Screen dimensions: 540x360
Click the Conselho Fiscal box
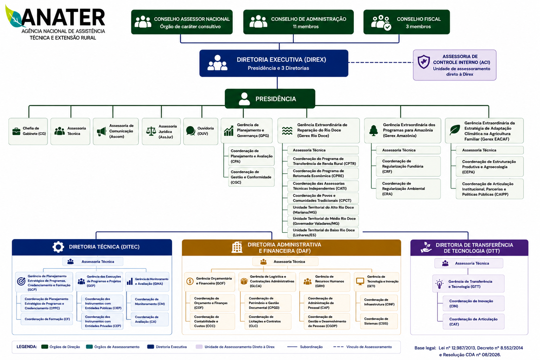point(406,22)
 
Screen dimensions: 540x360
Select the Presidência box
point(270,98)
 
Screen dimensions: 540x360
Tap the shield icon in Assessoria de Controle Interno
point(424,62)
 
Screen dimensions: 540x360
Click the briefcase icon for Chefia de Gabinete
point(16,131)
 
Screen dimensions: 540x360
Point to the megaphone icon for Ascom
point(101,131)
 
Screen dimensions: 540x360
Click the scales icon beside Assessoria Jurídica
point(151,131)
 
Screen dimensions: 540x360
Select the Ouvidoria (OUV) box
point(201,131)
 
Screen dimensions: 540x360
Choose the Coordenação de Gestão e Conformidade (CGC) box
point(251,177)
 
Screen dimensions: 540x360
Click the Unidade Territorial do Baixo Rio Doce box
point(323,232)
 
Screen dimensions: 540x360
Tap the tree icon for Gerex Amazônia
point(373,130)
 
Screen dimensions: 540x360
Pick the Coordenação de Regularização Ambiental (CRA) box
point(408,189)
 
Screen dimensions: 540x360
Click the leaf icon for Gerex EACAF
point(455,130)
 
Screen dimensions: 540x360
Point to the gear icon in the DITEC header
point(58,247)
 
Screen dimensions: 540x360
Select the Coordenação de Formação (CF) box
point(47,319)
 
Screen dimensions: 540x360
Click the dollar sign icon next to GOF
point(190,281)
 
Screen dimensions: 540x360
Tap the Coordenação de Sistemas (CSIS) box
point(379,321)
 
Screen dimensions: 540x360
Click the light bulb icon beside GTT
point(439,284)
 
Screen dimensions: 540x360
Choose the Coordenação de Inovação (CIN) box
point(474,304)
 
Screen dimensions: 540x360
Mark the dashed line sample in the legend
point(338,347)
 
